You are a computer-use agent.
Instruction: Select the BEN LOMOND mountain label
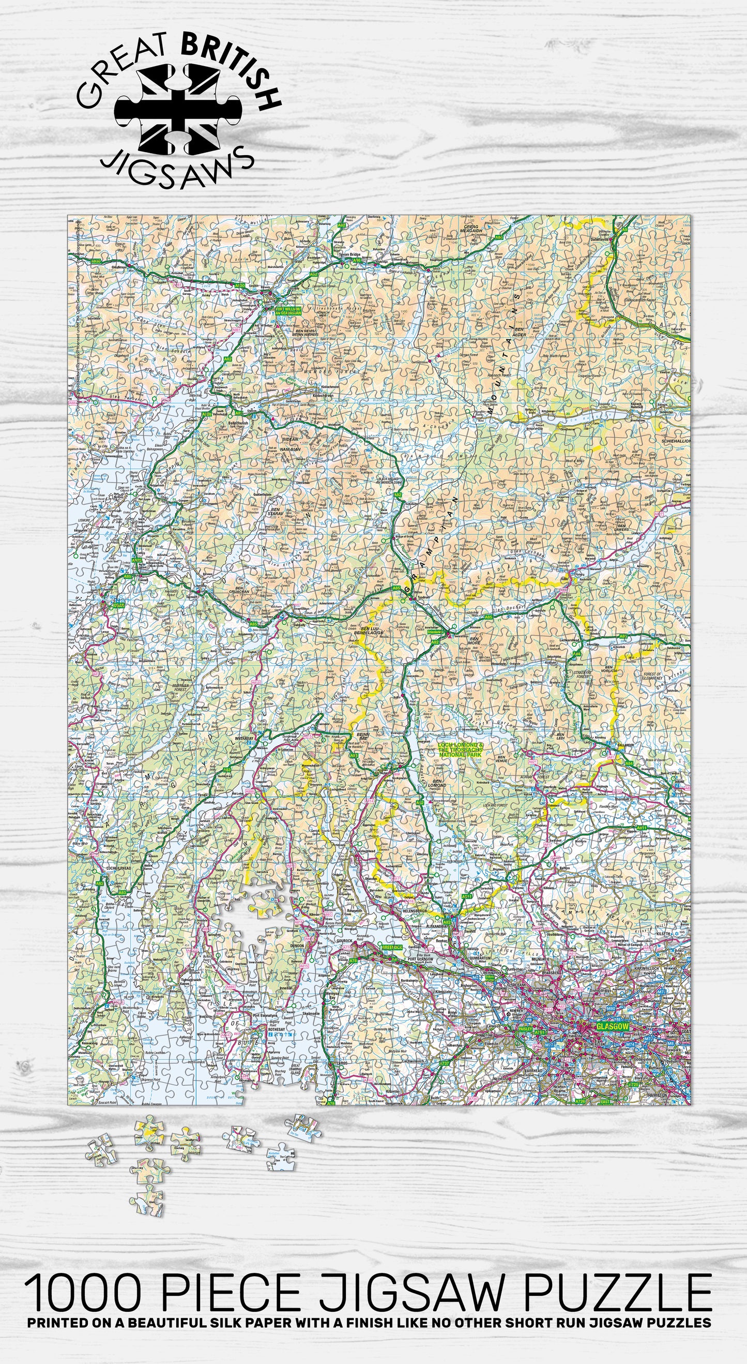pyautogui.click(x=439, y=783)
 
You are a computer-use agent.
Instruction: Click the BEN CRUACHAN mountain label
pyautogui.click(x=242, y=589)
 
